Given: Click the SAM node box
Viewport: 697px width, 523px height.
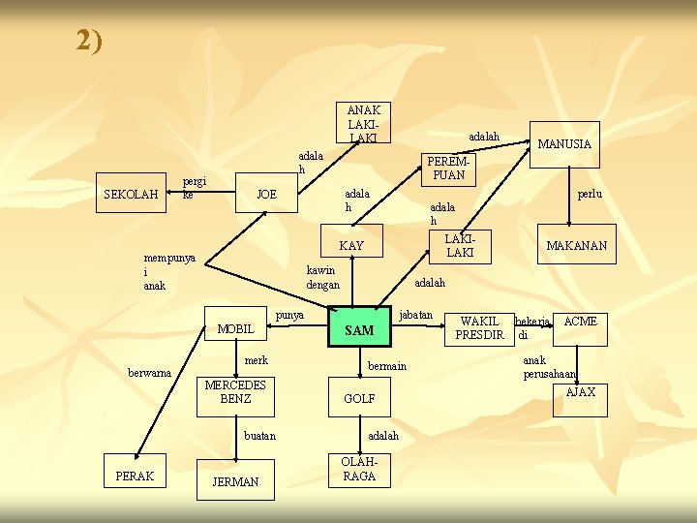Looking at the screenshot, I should coord(359,330).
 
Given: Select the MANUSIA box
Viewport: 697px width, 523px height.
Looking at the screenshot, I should coord(563,144).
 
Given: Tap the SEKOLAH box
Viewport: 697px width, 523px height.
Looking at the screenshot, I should coord(130,195).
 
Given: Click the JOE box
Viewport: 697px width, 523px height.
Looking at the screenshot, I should coord(266,195).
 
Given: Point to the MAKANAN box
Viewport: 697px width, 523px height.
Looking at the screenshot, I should coord(576,246).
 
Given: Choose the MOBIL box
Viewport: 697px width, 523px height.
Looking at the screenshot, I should coord(235,329).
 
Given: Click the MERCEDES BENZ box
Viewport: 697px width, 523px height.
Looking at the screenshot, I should coord(235,392).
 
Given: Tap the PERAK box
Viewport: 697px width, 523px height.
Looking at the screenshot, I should coord(134,476).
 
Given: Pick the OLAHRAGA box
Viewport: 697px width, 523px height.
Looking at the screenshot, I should coord(358,470).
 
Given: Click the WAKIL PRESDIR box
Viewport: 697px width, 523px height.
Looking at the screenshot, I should coord(480,328).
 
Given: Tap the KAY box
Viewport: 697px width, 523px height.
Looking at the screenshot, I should coord(351,246).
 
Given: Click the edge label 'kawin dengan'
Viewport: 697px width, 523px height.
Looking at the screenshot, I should coord(322,278).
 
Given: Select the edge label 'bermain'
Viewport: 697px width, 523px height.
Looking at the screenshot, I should coord(387,366).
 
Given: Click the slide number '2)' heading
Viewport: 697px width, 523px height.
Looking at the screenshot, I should coord(89,41).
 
